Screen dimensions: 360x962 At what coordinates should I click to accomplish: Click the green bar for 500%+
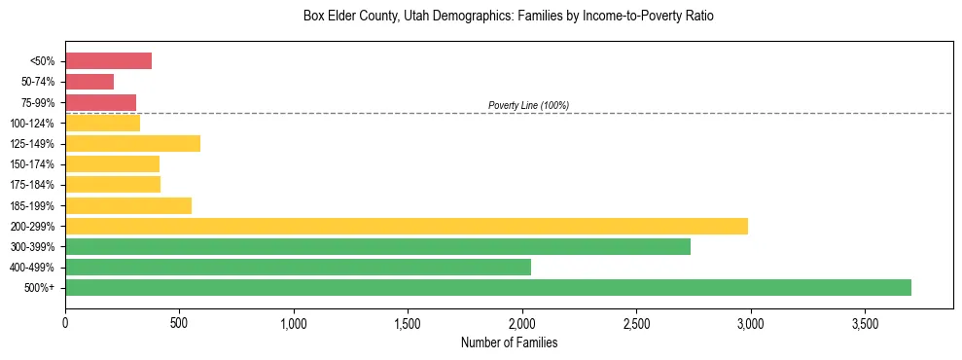[x=488, y=287]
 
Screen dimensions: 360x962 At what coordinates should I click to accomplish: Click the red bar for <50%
[x=108, y=61]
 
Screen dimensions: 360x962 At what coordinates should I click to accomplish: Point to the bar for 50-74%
[x=89, y=82]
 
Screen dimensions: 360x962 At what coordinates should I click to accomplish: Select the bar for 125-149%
[x=132, y=144]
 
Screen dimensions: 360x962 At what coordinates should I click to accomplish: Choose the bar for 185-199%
[x=128, y=205]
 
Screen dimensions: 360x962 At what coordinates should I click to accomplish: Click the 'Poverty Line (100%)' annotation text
[x=528, y=105]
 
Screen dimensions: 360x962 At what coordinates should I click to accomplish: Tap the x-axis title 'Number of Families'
[x=509, y=342]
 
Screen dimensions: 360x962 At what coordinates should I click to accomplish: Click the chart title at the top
[x=509, y=17]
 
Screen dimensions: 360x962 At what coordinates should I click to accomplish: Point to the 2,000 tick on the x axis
[x=522, y=322]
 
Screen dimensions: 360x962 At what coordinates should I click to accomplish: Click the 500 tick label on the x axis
[x=179, y=322]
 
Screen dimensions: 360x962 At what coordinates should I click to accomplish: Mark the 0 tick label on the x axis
[x=65, y=322]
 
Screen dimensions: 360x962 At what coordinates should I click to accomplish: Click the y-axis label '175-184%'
[x=34, y=185]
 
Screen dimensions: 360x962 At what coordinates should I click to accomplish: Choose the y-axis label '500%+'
[x=40, y=288]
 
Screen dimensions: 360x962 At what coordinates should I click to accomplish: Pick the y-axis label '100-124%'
[x=34, y=124]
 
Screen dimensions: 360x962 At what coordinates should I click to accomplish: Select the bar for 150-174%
[x=112, y=164]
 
